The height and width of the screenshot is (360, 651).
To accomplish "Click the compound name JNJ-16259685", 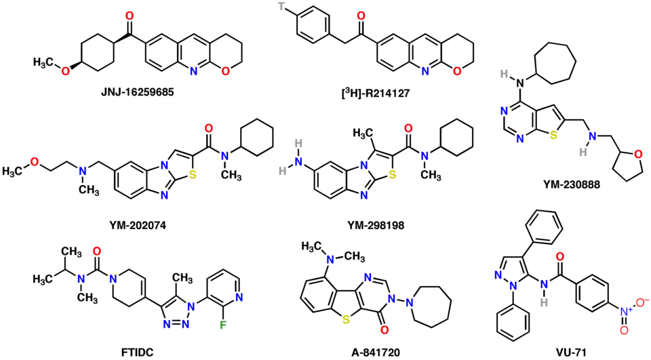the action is [x=138, y=92].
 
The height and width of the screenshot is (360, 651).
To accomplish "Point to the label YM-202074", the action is [x=138, y=226].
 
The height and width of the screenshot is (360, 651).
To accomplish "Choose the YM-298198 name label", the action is [x=376, y=226].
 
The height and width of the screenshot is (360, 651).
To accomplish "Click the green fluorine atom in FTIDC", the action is [x=223, y=335].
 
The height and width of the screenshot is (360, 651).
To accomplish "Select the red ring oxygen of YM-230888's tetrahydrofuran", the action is [x=638, y=155].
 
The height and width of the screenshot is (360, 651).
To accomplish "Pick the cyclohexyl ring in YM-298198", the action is [x=456, y=137].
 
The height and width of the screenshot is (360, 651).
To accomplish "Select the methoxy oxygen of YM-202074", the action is [x=35, y=162].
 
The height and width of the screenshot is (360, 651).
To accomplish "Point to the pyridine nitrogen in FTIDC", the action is [x=239, y=298].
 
